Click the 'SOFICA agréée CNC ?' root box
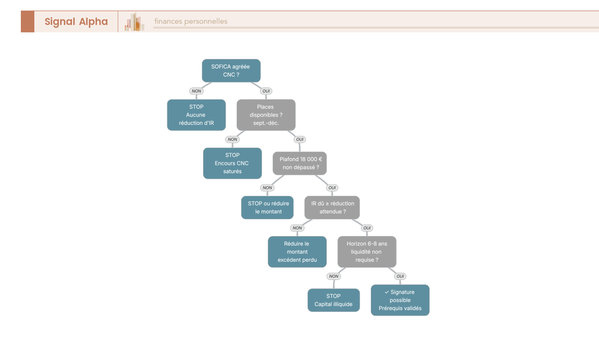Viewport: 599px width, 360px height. click(x=231, y=70)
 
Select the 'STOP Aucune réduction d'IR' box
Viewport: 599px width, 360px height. click(x=196, y=115)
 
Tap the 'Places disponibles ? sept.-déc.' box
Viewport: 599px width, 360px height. click(x=266, y=115)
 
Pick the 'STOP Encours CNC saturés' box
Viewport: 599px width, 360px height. click(x=233, y=163)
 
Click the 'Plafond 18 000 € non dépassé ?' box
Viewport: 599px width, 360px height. click(x=299, y=163)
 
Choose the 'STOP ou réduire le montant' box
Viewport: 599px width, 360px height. click(x=267, y=208)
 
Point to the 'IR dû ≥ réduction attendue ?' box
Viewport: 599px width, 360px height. click(x=332, y=208)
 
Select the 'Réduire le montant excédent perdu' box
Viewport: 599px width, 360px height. click(x=297, y=252)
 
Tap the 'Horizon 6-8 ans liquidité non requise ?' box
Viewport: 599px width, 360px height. click(x=367, y=252)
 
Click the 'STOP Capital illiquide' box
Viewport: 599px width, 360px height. click(x=333, y=300)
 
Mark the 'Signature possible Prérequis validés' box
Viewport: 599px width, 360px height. click(x=400, y=300)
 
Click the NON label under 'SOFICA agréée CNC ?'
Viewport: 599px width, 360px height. click(x=196, y=91)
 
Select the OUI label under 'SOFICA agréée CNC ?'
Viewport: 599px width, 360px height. click(x=266, y=91)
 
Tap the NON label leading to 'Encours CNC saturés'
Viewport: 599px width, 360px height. click(x=233, y=139)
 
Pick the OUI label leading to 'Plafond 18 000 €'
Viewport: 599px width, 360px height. click(x=300, y=139)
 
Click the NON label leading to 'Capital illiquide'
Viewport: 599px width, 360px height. click(x=334, y=276)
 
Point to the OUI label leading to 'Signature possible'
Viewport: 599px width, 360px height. click(x=400, y=276)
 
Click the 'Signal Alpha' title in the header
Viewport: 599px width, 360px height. click(x=76, y=21)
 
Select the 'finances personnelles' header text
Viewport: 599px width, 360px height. click(x=191, y=21)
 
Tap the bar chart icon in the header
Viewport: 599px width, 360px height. click(x=134, y=22)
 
